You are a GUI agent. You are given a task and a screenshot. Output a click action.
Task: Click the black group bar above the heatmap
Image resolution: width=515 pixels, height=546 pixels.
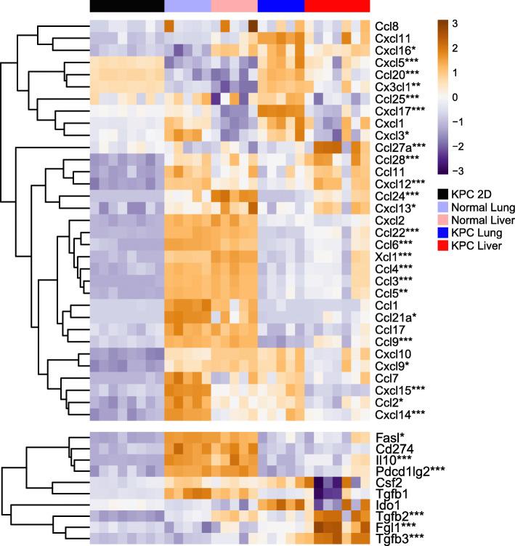click(x=128, y=6)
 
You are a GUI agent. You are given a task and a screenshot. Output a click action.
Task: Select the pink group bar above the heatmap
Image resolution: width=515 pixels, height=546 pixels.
click(x=234, y=6)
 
